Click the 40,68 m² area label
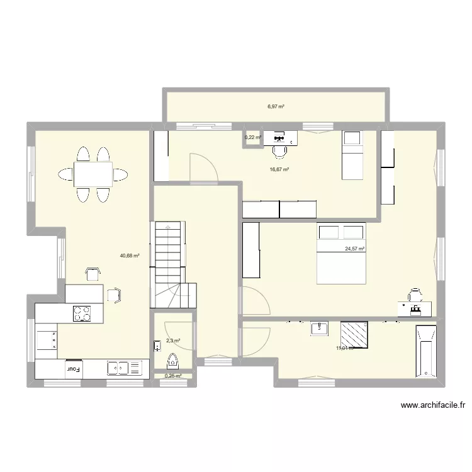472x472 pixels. click(x=129, y=256)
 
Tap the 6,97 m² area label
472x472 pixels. click(x=276, y=106)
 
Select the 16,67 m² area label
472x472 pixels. click(x=279, y=169)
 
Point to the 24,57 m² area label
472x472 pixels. click(x=355, y=249)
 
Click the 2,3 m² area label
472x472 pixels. click(x=173, y=341)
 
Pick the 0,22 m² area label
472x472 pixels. click(x=252, y=137)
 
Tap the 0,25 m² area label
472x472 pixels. click(x=173, y=376)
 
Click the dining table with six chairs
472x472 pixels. click(x=93, y=173)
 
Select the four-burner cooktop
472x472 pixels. click(x=82, y=313)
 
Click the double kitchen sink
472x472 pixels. click(x=118, y=368)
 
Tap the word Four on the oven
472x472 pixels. click(x=74, y=369)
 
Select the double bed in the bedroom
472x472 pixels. click(x=340, y=253)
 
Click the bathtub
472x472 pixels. click(x=426, y=352)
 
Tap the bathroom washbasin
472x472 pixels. click(x=320, y=327)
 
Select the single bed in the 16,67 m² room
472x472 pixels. click(x=352, y=155)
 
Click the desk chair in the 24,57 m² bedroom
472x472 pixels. click(x=415, y=295)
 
